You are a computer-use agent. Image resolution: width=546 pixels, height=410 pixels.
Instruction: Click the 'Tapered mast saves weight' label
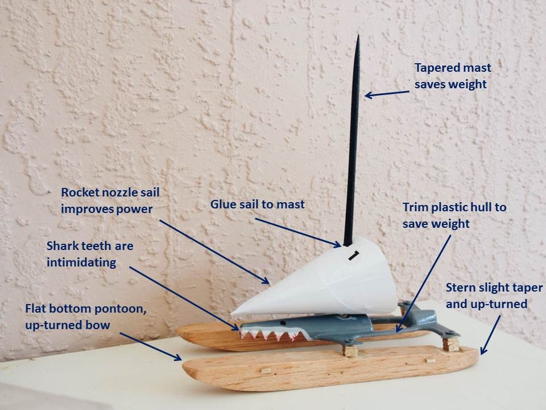click(452, 76)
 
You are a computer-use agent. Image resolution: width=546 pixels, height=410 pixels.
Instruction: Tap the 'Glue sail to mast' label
click(257, 204)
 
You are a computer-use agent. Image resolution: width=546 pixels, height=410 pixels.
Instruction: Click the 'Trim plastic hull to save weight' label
click(454, 215)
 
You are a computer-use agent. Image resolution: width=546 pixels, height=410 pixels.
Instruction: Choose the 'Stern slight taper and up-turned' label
click(486, 295)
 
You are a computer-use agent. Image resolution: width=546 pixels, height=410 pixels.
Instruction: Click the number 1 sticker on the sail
click(353, 256)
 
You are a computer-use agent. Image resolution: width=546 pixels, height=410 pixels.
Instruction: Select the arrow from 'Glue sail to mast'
click(307, 233)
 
